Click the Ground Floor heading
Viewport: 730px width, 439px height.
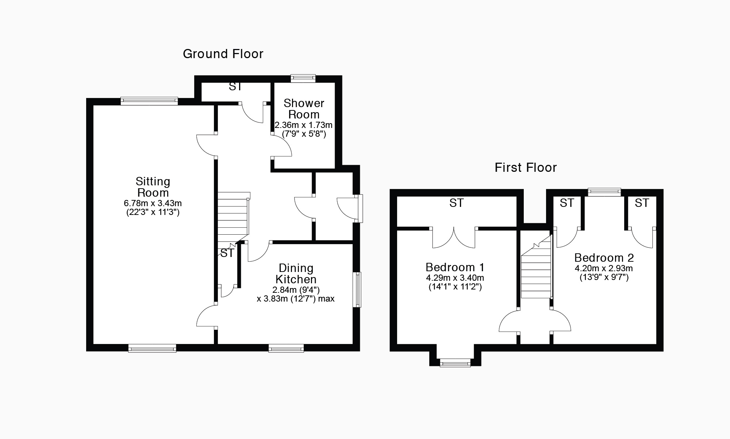point(223,54)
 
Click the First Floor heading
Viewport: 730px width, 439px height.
point(526,168)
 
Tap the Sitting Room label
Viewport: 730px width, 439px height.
point(153,187)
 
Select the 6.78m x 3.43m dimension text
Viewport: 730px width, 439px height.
point(153,203)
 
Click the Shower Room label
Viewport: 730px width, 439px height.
point(304,109)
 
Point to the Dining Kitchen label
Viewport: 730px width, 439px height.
point(296,274)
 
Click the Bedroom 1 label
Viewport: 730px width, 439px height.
point(455,267)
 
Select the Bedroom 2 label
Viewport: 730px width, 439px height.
point(604,258)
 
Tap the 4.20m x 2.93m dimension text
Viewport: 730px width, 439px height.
point(604,268)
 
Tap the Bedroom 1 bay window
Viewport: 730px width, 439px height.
point(455,363)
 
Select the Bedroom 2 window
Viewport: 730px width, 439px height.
point(604,192)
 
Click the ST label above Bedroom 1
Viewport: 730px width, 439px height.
point(456,203)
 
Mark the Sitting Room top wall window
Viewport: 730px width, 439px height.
point(149,101)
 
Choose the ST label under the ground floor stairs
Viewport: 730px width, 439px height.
point(227,253)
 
